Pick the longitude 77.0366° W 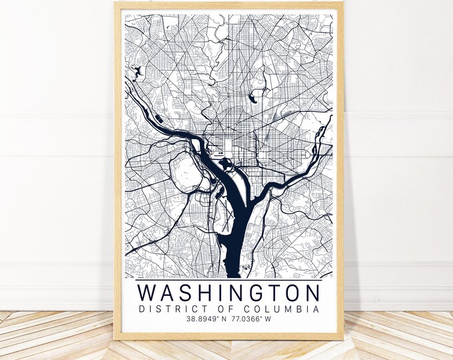tap(254, 320)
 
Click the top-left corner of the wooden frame tap(116, 3)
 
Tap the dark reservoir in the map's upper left tap(138, 72)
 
